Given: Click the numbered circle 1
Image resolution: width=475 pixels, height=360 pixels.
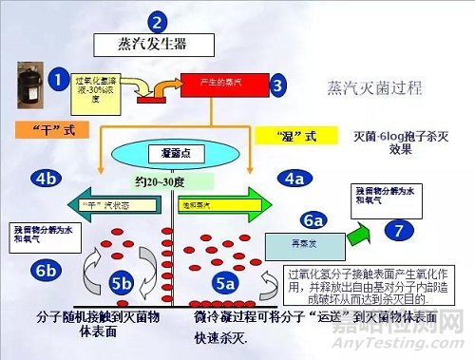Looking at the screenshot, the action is click(59, 80).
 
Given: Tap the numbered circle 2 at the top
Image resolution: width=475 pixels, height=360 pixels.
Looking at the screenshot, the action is click(158, 21).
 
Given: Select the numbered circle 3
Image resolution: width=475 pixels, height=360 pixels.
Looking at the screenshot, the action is click(277, 85).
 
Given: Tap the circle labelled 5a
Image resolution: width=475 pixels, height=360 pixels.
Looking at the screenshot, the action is click(224, 282).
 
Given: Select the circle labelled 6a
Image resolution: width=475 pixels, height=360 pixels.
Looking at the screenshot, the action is click(314, 220).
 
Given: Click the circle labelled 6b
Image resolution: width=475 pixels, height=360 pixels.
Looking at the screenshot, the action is click(45, 271).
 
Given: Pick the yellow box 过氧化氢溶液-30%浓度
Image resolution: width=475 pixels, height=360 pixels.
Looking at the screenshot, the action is click(97, 88).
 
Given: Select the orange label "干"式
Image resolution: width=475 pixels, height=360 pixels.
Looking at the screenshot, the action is click(45, 128).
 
